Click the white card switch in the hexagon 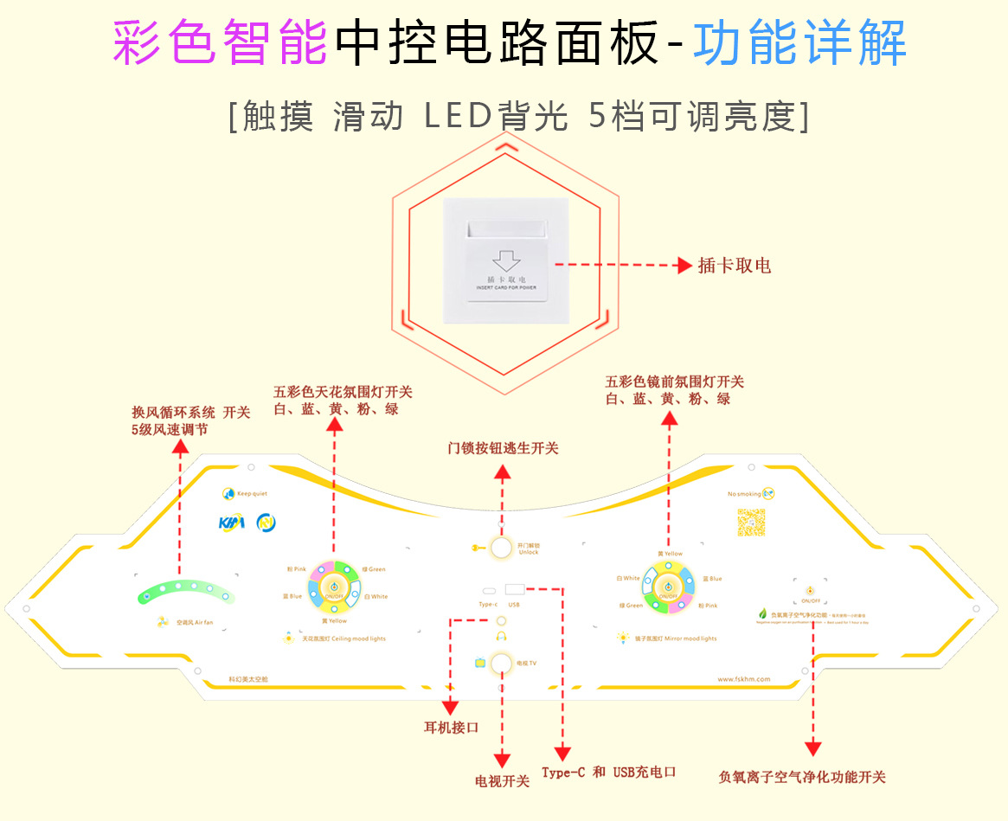tap(504, 259)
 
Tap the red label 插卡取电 tap(735, 265)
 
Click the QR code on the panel tap(752, 523)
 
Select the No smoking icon tap(768, 493)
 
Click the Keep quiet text tap(254, 494)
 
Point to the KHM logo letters tap(233, 523)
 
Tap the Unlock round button tap(501, 547)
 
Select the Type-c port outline tap(489, 592)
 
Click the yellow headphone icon tap(501, 636)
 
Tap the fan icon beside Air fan tap(164, 622)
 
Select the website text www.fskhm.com tap(743, 679)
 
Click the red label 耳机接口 tap(446, 727)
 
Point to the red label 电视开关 tap(502, 781)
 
